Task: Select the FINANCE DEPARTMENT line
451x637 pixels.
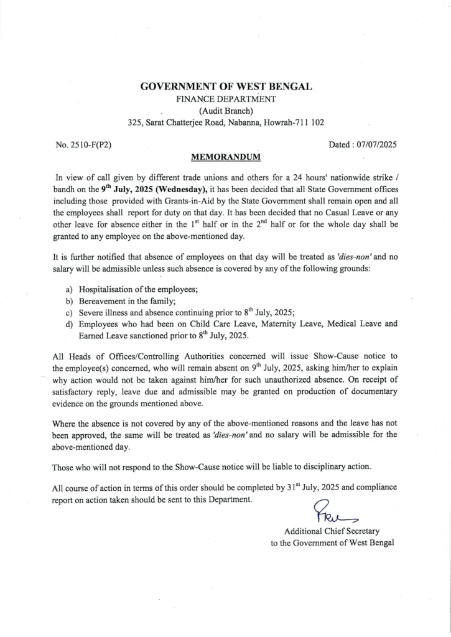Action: [226, 99]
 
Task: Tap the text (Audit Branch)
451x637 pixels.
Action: [226, 111]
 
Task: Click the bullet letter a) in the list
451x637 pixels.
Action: [70, 290]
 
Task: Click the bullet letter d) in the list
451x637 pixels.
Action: [70, 324]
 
